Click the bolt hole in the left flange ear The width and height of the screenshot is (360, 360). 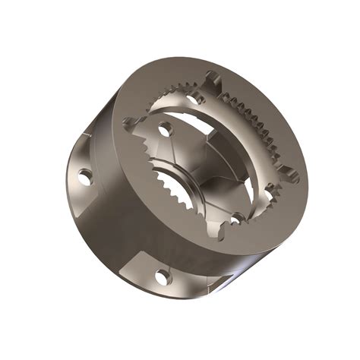(x=86, y=177)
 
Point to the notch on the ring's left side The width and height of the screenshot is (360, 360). (x=134, y=122)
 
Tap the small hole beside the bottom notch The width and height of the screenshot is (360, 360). (x=237, y=219)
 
